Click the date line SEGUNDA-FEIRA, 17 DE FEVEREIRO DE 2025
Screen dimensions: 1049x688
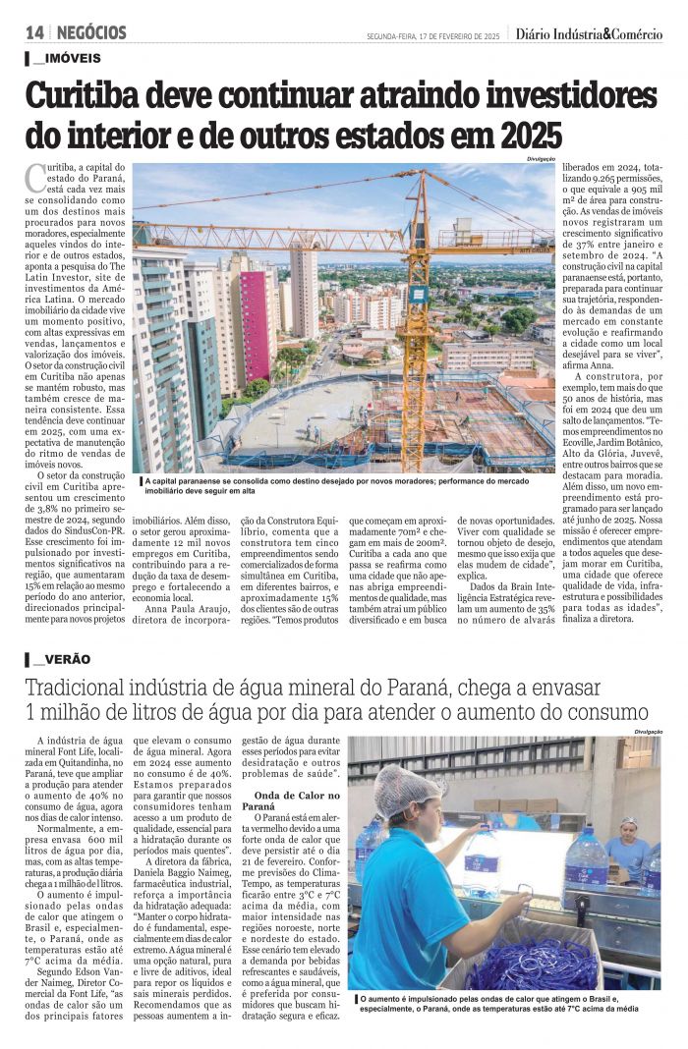[433, 36]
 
